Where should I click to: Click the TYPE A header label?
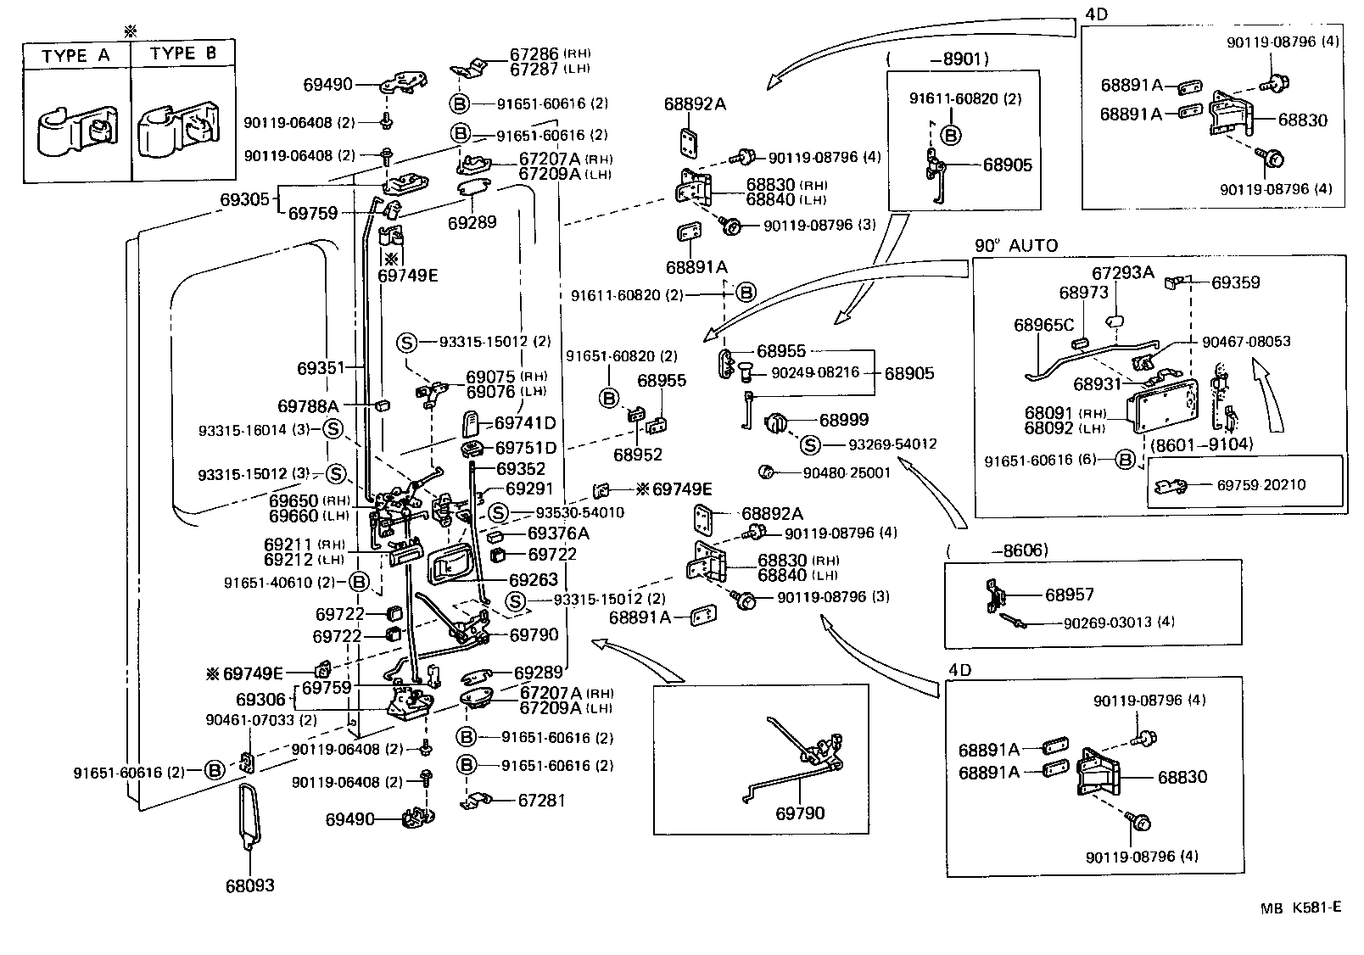coord(75,56)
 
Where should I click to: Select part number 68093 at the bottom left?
coord(250,886)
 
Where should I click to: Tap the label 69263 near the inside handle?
coord(534,580)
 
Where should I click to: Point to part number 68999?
coord(843,420)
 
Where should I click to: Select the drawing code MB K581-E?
coord(1300,908)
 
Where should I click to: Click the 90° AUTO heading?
coord(1015,246)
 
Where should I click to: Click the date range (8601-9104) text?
coord(1201,443)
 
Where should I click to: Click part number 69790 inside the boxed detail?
coord(799,813)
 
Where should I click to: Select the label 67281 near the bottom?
coord(541,801)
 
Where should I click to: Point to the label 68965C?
coord(1043,325)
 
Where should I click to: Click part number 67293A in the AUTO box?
coord(1122,272)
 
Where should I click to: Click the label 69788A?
coord(308,406)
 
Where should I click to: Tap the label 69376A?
coord(557,533)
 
